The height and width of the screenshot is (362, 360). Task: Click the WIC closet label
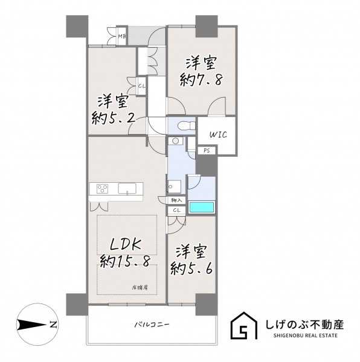pyautogui.click(x=218, y=135)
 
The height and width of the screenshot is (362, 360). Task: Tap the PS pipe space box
pyautogui.click(x=207, y=150)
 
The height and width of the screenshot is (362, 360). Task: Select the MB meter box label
pyautogui.click(x=122, y=36)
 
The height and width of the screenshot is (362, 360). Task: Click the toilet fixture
pyautogui.click(x=187, y=126)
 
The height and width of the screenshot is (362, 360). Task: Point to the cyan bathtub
pyautogui.click(x=202, y=207)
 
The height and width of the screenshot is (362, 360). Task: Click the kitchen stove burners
pyautogui.click(x=102, y=189)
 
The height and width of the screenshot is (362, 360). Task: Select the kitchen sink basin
pyautogui.click(x=127, y=188)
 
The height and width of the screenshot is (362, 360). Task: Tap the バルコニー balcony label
pyautogui.click(x=152, y=325)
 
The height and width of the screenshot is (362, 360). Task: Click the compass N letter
pyautogui.click(x=53, y=325)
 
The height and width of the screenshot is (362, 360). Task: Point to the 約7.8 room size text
pyautogui.click(x=201, y=80)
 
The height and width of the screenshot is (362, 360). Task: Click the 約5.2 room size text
pyautogui.click(x=114, y=118)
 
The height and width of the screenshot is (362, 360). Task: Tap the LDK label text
pyautogui.click(x=126, y=245)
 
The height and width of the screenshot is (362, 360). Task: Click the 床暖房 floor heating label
pyautogui.click(x=140, y=288)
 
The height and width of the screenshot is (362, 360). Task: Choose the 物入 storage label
pyautogui.click(x=176, y=200)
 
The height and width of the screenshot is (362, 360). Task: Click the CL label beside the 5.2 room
pyautogui.click(x=142, y=86)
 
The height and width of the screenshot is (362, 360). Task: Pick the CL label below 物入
pyautogui.click(x=177, y=211)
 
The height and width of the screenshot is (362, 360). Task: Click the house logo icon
pyautogui.click(x=244, y=326)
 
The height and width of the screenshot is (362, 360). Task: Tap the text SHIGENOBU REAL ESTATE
pyautogui.click(x=306, y=335)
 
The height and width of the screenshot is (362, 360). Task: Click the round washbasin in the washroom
pyautogui.click(x=176, y=141)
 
